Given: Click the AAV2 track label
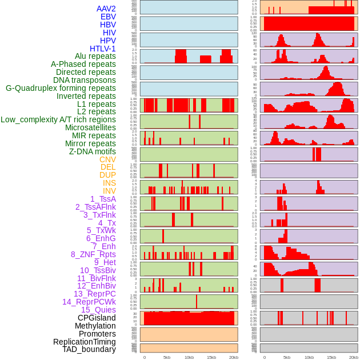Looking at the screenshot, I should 106,9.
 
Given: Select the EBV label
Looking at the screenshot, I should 108,17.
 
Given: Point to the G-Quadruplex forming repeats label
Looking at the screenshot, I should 61,88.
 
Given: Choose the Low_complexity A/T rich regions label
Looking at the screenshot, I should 58,119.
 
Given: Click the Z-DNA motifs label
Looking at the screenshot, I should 93,151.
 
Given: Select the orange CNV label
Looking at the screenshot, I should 107,159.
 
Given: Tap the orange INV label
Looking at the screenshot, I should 109,191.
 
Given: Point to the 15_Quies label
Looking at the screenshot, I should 98,310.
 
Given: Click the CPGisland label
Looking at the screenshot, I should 97,318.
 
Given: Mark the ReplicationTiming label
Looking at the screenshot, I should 85,342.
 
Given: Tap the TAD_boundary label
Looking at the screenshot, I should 89,349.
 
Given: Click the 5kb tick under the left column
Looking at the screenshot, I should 167,357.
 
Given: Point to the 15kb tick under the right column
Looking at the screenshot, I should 331,357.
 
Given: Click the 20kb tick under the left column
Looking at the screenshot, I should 234,357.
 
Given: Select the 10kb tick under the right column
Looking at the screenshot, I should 309,357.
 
